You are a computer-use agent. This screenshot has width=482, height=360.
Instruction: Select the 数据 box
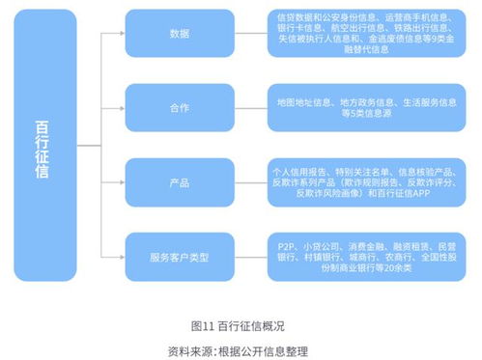(178, 33)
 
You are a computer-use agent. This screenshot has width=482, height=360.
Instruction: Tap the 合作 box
(178, 107)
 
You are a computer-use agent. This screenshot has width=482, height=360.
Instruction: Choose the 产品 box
(178, 181)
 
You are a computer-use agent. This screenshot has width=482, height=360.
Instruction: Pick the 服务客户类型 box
(178, 258)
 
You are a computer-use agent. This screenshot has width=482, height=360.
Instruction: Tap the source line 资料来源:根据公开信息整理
(241, 347)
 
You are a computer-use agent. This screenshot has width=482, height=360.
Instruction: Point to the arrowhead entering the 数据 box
(121, 33)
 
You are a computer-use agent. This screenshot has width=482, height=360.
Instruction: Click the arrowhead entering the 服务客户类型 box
(121, 258)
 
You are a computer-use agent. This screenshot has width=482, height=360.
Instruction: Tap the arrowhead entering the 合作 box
(121, 107)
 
